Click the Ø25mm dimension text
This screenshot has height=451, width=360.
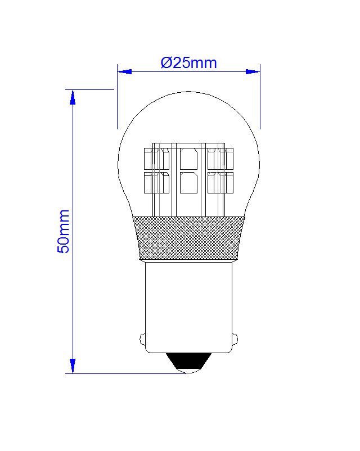tap(188, 63)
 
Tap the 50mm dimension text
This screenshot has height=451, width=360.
tap(64, 231)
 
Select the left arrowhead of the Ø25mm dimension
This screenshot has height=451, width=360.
tap(125, 71)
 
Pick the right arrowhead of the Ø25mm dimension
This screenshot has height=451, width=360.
tap(253, 71)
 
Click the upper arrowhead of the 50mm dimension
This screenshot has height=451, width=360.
tap(73, 97)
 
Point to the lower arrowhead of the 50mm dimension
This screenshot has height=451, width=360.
tap(73, 366)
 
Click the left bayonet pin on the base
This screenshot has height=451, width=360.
tap(142, 339)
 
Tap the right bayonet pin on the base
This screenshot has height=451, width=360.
tap(235, 339)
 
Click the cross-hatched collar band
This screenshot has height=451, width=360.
tap(189, 238)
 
